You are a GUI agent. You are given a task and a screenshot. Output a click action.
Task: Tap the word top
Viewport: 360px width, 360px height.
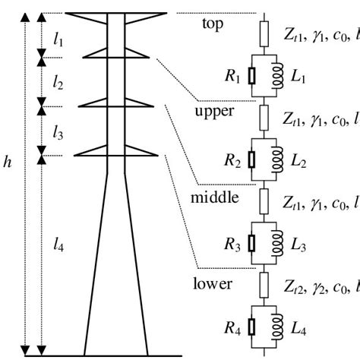click(213, 24)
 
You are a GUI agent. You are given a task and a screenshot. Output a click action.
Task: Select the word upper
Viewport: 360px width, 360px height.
click(215, 111)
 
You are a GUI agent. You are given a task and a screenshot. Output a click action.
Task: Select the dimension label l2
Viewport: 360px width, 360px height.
click(58, 80)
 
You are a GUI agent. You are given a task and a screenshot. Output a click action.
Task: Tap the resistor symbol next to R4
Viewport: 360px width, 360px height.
click(251, 329)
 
